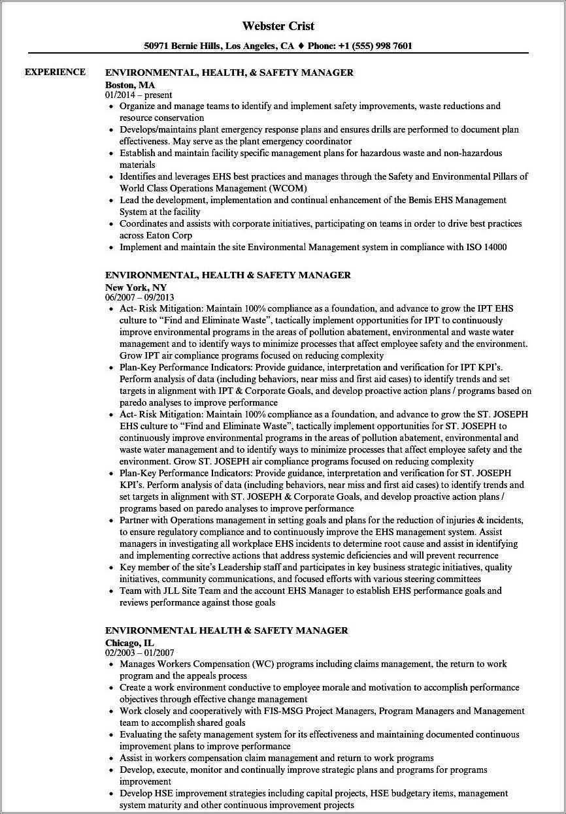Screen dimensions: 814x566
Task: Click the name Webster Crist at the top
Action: tap(278, 26)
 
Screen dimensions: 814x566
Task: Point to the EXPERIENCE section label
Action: tap(55, 72)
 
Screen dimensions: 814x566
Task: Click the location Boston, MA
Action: tap(129, 84)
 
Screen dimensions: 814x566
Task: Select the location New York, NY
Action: tap(135, 287)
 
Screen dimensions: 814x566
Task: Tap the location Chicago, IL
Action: tap(130, 642)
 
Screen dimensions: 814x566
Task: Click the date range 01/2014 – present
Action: tap(139, 95)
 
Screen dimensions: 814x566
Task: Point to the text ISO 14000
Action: tap(484, 247)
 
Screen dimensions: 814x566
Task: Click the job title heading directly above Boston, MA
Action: tap(229, 73)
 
